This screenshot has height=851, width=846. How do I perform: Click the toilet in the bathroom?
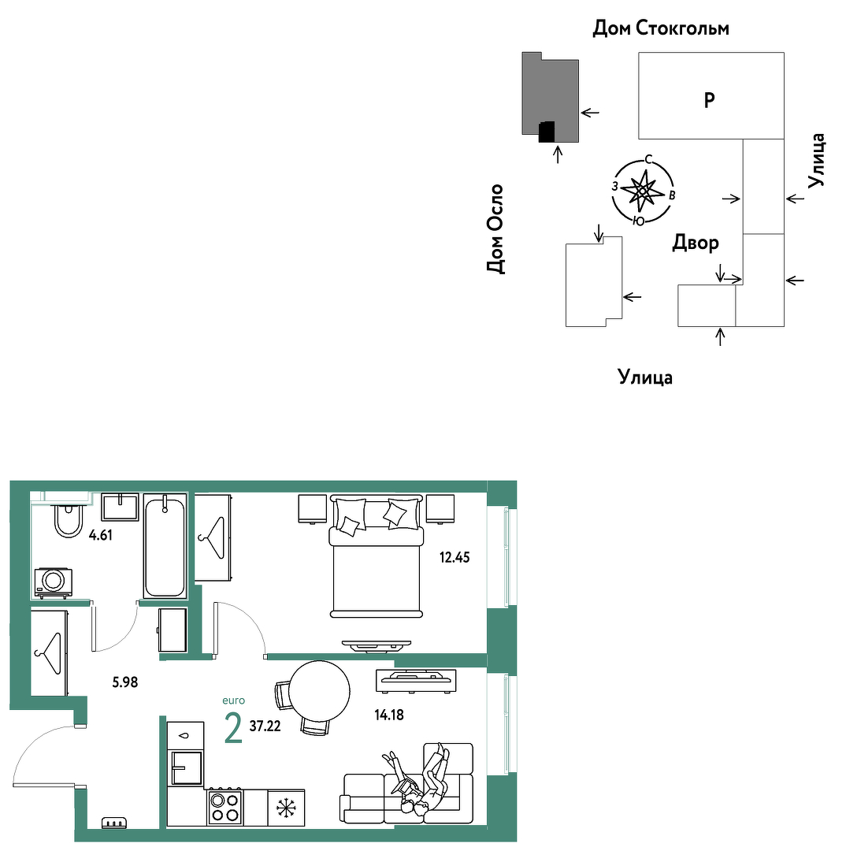click(x=69, y=519)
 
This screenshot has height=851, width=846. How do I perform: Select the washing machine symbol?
click(x=54, y=582)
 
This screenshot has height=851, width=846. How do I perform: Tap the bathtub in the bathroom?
click(x=165, y=547)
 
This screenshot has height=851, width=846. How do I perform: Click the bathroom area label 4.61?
click(x=100, y=535)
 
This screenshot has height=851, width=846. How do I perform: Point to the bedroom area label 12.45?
click(x=455, y=557)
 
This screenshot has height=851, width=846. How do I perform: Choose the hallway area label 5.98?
click(x=124, y=682)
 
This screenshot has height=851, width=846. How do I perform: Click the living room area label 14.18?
click(x=389, y=715)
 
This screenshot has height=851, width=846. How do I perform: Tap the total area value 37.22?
click(x=265, y=727)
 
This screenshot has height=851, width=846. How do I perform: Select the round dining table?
click(x=319, y=691)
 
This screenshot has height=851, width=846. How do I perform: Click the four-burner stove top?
click(x=224, y=807)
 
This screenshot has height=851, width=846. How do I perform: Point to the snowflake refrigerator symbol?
click(x=285, y=808)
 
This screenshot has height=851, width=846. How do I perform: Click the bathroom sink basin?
click(x=120, y=507)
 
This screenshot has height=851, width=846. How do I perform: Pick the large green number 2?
click(x=233, y=728)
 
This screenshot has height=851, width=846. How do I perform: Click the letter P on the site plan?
click(x=709, y=100)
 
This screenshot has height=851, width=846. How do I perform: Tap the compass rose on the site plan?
click(x=643, y=191)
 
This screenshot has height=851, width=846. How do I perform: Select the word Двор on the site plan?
click(x=696, y=243)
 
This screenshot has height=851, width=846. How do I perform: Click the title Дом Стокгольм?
click(x=660, y=28)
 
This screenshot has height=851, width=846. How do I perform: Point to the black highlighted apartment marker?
click(x=547, y=132)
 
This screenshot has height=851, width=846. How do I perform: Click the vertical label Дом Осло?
click(x=495, y=229)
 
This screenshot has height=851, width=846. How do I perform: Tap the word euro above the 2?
click(x=233, y=700)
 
